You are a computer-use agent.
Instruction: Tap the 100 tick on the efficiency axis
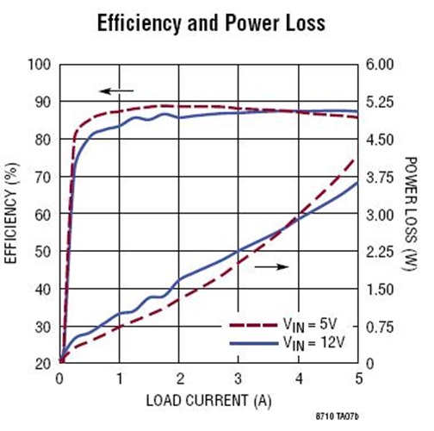pos(40,65)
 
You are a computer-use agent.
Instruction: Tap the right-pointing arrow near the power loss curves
pos(270,267)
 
